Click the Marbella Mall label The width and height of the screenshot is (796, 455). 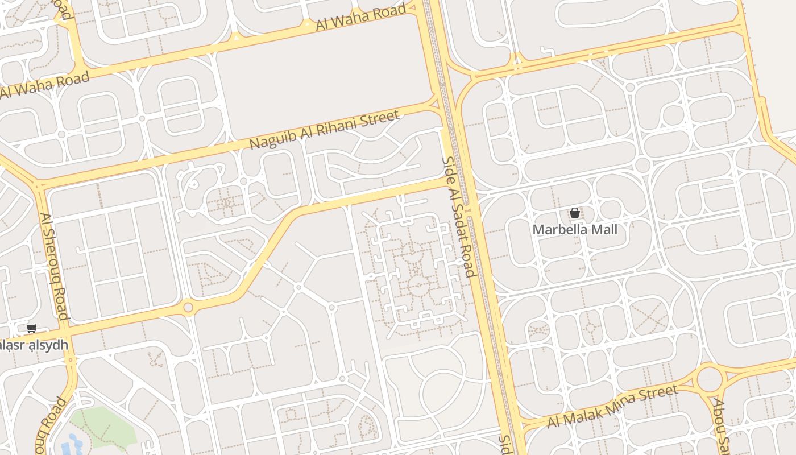tap(575, 230)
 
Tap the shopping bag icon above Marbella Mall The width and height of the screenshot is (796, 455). tap(575, 213)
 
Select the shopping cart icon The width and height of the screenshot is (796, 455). tap(32, 328)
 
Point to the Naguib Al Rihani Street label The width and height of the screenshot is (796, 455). tap(324, 131)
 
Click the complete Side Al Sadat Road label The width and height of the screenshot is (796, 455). tap(458, 217)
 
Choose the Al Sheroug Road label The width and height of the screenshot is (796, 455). tap(55, 266)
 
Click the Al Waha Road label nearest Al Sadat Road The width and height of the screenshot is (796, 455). tap(360, 18)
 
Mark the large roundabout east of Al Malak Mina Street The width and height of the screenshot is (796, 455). tap(710, 378)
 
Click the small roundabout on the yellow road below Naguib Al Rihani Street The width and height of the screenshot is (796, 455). tap(188, 308)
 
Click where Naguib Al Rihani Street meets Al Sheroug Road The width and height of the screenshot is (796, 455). tap(39, 185)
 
